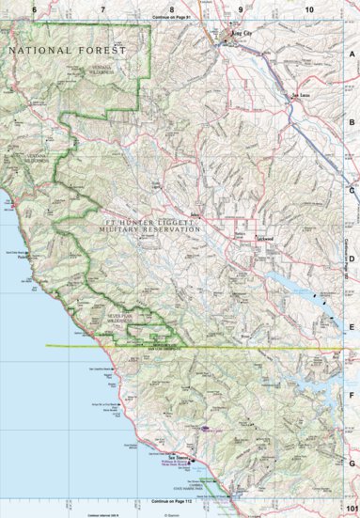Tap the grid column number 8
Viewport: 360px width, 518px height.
click(172, 8)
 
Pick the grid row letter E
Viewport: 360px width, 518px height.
click(351, 328)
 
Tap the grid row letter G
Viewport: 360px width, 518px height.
click(351, 463)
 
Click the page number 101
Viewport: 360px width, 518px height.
click(351, 509)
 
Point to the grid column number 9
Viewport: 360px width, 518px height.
click(241, 8)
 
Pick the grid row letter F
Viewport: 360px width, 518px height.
click(351, 396)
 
